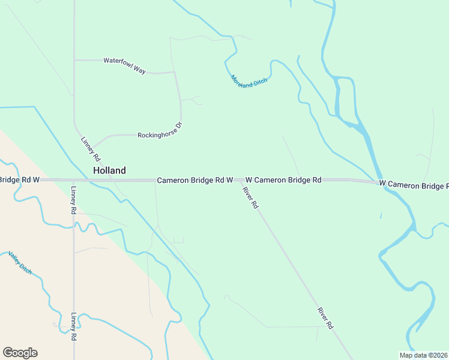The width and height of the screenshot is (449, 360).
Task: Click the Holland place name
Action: pyautogui.click(x=109, y=170)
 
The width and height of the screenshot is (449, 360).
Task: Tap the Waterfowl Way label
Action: pyautogui.click(x=125, y=65)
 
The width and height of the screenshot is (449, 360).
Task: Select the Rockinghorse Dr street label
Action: pyautogui.click(x=159, y=131)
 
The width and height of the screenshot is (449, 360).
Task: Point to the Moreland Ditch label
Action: pyautogui.click(x=249, y=81)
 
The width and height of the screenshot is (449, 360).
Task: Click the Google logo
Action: pyautogui.click(x=20, y=353)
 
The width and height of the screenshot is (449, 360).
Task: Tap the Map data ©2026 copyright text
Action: pyautogui.click(x=423, y=355)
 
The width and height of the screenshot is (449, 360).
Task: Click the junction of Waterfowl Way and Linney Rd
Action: pyautogui.click(x=74, y=60)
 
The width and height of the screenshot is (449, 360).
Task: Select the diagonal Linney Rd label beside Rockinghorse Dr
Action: pyautogui.click(x=91, y=149)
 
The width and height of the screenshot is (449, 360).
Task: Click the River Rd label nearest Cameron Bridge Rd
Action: pyautogui.click(x=250, y=198)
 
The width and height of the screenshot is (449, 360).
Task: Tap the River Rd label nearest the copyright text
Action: pyautogui.click(x=325, y=318)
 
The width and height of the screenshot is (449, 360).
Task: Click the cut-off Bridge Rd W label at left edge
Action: pyautogui.click(x=20, y=180)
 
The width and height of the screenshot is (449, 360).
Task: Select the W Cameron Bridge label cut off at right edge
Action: pyautogui.click(x=414, y=185)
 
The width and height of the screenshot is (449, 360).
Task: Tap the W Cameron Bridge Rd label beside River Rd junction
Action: pyautogui.click(x=283, y=180)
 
